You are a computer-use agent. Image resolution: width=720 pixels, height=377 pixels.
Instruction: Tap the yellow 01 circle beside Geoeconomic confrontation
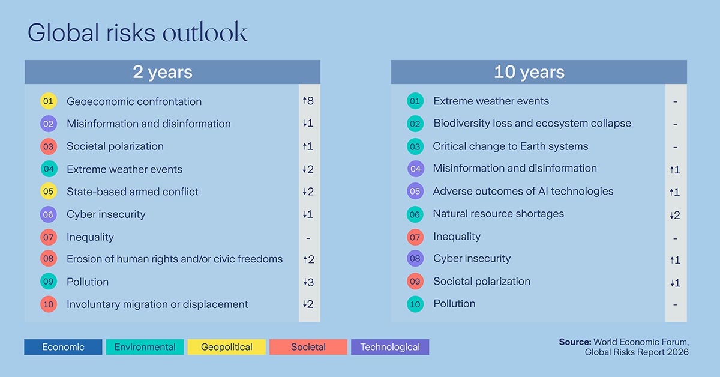(48, 101)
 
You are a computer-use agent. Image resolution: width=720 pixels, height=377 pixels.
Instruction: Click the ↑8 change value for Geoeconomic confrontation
(308, 101)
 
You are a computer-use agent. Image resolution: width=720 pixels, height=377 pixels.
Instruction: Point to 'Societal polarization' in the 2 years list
(115, 146)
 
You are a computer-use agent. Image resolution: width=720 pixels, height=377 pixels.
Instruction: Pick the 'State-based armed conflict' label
(132, 192)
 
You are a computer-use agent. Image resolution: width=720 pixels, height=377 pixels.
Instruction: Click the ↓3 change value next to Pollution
(308, 282)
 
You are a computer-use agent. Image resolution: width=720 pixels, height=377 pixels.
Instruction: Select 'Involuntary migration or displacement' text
(157, 304)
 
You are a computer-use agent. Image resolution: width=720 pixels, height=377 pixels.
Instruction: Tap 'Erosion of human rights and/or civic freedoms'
(175, 259)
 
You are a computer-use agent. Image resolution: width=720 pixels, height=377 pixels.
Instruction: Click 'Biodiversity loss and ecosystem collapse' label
(532, 124)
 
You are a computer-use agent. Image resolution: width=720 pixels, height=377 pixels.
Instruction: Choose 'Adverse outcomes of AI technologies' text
(523, 192)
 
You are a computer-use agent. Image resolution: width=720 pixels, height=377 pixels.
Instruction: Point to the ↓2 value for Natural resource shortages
(675, 215)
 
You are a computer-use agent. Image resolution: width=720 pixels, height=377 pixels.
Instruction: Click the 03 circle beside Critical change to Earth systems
(415, 146)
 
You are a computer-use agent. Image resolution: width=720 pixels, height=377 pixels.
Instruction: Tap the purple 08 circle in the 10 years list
(415, 259)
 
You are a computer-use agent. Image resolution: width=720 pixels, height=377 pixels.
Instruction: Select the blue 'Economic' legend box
(63, 347)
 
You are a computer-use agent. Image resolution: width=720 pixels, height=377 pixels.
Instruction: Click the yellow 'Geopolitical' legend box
(226, 347)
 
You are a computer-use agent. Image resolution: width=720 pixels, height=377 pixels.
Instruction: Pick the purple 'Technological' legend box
(390, 347)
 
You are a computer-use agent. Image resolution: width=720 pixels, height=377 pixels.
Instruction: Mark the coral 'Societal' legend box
(308, 347)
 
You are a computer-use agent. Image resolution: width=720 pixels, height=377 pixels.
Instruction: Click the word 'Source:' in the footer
(575, 342)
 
